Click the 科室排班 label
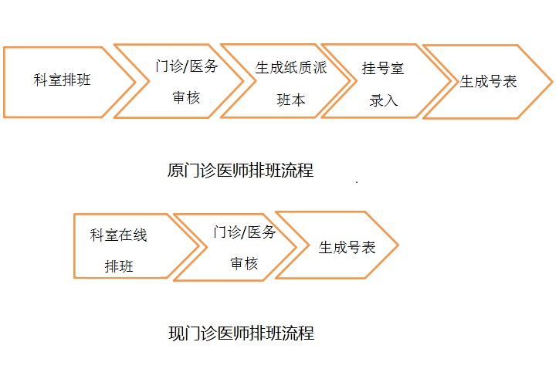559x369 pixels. pos(63,80)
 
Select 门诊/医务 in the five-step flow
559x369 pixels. pos(187,66)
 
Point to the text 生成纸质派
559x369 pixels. pos(291,67)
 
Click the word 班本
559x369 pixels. pos(290,100)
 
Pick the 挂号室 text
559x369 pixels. pos(383,68)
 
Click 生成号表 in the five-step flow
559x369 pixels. pos(489,81)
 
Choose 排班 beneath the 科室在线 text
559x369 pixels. pos(119,267)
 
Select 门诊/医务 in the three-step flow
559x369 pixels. pos(244,232)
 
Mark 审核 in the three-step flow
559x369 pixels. pos(244,263)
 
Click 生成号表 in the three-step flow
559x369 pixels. pos(347,248)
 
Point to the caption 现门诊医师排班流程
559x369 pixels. pos(241,334)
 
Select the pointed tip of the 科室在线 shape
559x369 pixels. pos(198,247)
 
